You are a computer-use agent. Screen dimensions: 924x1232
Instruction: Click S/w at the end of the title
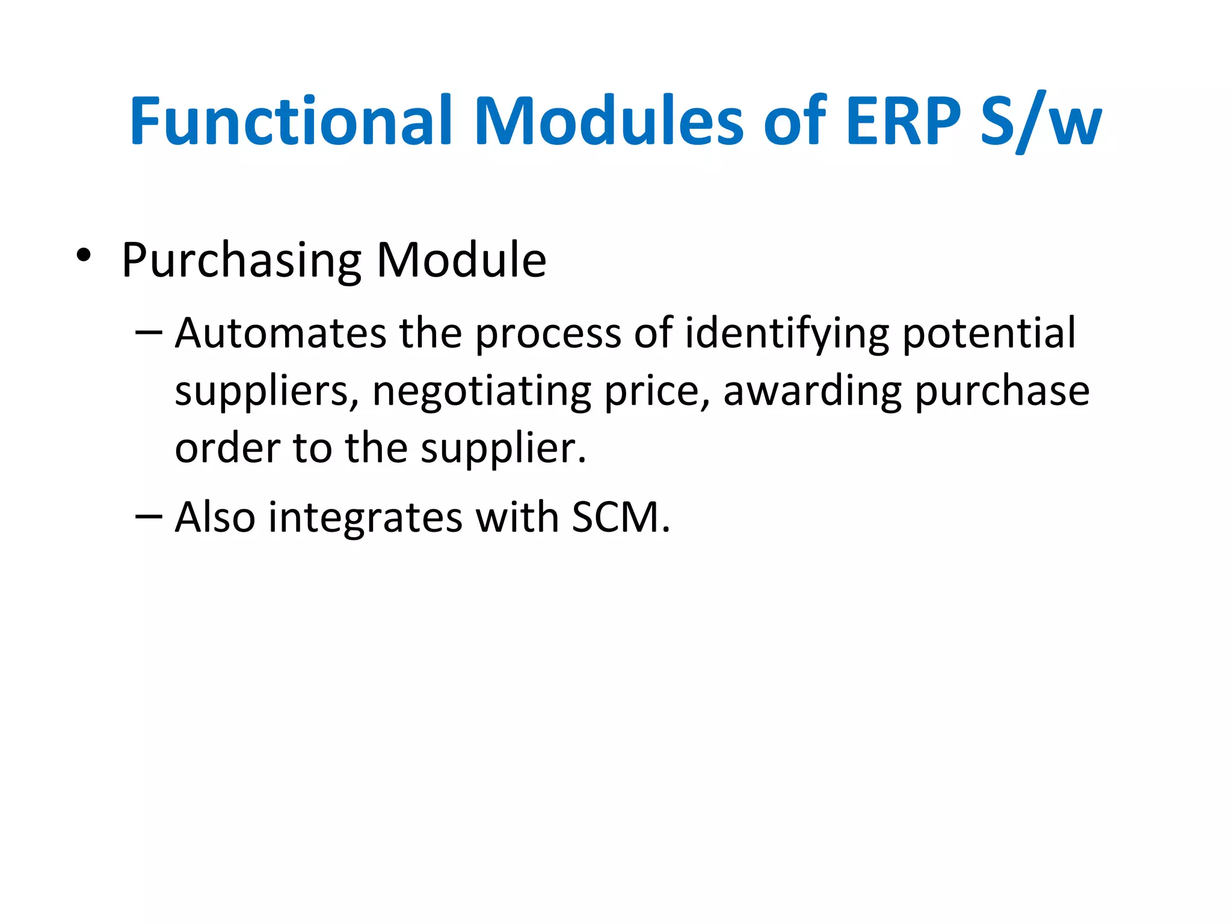(x=1041, y=122)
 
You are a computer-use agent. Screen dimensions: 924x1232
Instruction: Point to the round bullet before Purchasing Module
(x=84, y=256)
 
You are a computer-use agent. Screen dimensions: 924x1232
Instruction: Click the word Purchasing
(x=241, y=260)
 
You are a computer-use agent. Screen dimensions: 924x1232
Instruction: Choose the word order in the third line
(x=227, y=448)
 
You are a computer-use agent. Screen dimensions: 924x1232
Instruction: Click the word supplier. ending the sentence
(x=503, y=449)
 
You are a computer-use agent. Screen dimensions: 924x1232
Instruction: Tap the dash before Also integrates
(x=149, y=516)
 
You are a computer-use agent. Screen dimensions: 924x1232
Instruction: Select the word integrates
(x=365, y=517)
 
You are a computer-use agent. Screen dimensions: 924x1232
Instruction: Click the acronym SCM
(x=620, y=517)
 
